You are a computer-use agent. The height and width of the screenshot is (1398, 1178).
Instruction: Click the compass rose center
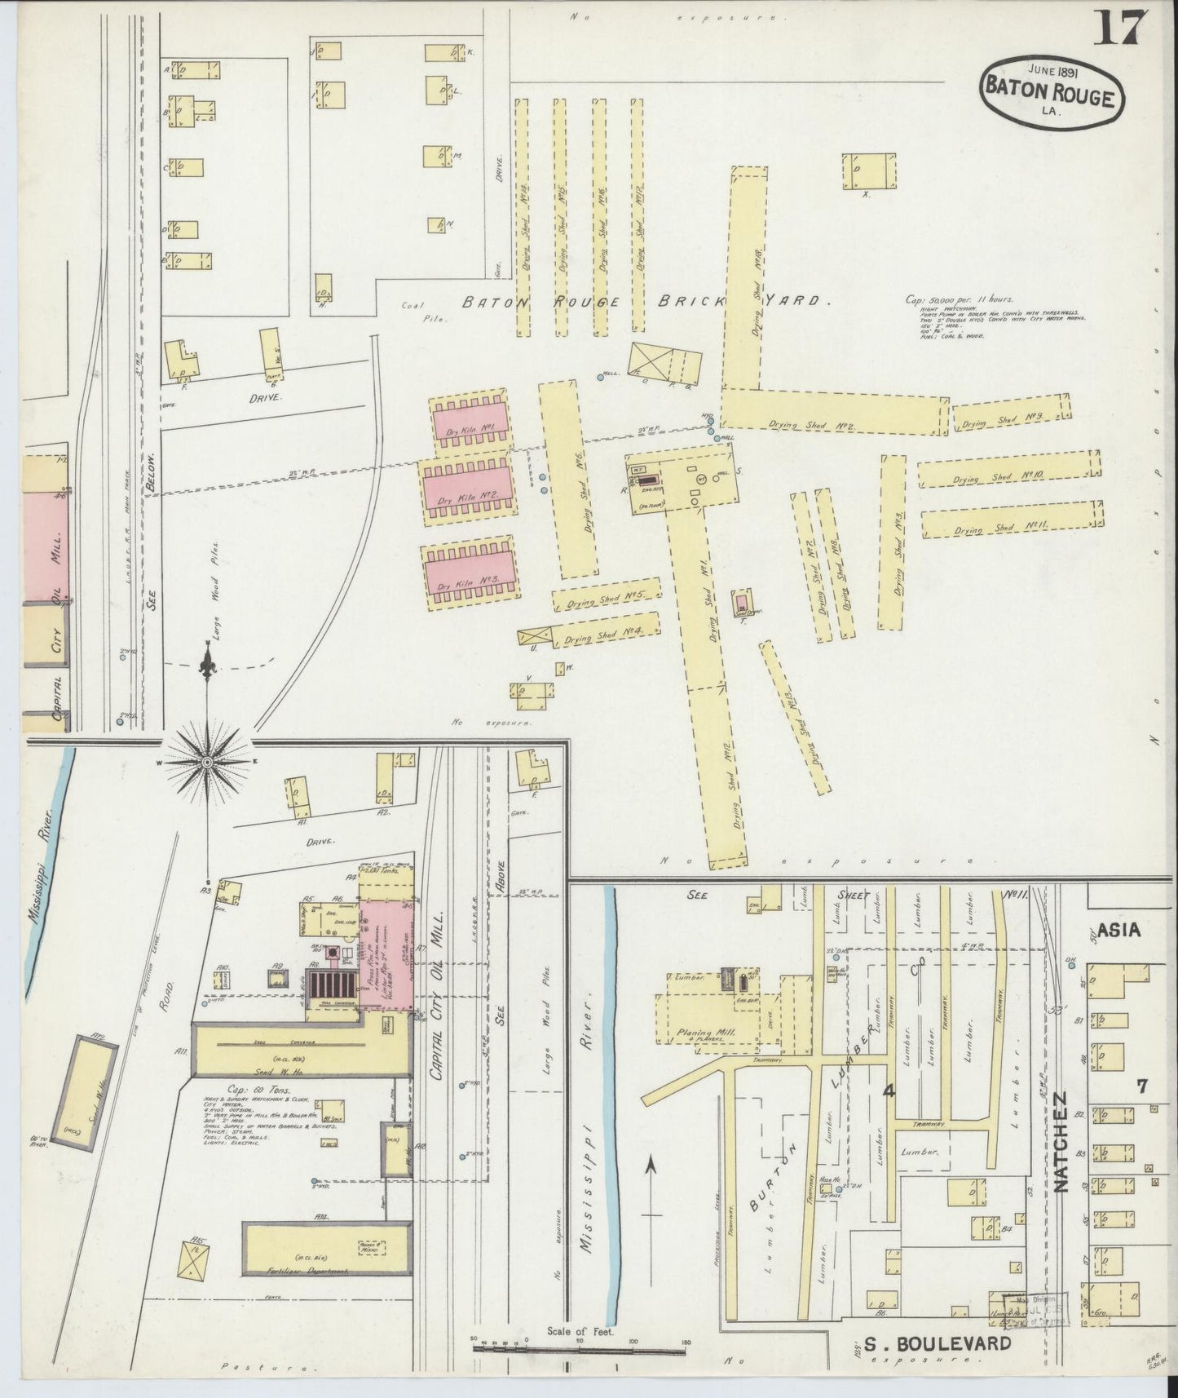tap(207, 761)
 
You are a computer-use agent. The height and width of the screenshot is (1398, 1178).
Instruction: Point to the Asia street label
tap(1118, 929)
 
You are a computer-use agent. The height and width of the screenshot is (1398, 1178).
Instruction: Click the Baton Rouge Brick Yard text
tap(644, 301)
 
